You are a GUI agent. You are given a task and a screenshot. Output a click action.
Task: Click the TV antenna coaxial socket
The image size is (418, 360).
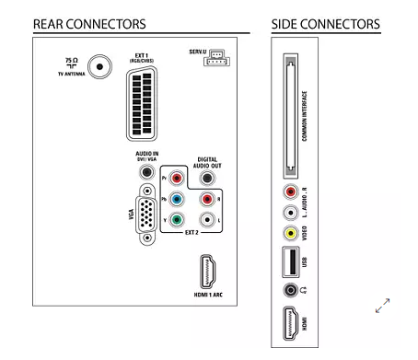tap(99, 66)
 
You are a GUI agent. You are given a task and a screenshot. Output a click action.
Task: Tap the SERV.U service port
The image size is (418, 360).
tap(216, 58)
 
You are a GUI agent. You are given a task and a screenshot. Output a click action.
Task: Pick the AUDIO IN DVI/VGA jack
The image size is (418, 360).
tap(147, 171)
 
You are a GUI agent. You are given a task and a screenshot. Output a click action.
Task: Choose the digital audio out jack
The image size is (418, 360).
tap(207, 178)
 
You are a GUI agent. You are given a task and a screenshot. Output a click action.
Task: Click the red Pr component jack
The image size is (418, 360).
tap(177, 178)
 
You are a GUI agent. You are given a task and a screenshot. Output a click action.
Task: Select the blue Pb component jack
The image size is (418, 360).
tap(177, 199)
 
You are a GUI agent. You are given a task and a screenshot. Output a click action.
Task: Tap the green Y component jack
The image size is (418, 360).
tap(177, 220)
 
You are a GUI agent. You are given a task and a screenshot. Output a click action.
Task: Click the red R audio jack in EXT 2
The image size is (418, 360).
tap(207, 199)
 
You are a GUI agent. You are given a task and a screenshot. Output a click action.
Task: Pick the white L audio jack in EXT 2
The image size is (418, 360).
tap(207, 220)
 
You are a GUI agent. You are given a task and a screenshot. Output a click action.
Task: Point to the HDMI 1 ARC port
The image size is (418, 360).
tap(208, 272)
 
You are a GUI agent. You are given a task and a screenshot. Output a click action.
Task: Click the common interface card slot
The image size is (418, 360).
tap(290, 116)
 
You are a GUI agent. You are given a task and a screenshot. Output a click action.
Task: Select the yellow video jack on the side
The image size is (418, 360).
tap(290, 233)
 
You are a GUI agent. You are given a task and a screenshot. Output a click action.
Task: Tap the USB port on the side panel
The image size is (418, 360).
tap(290, 261)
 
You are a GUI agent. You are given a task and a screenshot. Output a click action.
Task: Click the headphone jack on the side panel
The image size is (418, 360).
tap(290, 290)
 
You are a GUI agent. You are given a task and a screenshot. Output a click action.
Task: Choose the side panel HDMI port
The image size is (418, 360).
tap(290, 323)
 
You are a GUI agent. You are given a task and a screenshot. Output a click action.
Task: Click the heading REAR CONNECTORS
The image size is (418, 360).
tap(89, 24)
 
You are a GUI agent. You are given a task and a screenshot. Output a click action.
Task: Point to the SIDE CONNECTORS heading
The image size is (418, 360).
tap(326, 24)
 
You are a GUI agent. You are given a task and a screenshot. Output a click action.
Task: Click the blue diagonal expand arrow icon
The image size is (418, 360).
tap(382, 306)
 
